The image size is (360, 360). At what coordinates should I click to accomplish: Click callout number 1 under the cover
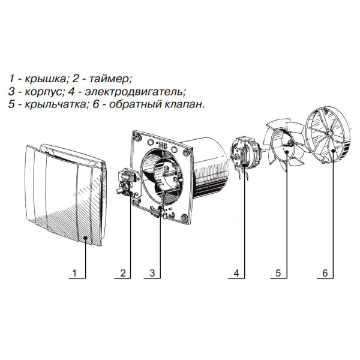(x=74, y=273)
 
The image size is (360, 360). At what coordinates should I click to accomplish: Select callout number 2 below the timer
(x=123, y=273)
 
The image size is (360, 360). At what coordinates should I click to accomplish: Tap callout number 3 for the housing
(x=152, y=273)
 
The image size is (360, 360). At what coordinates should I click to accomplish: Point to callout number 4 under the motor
(x=236, y=273)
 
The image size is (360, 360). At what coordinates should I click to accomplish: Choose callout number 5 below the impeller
(x=278, y=273)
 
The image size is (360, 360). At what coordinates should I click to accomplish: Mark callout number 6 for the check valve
(x=325, y=273)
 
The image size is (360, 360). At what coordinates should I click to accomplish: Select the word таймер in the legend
(x=109, y=79)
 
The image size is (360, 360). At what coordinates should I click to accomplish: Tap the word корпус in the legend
(x=43, y=92)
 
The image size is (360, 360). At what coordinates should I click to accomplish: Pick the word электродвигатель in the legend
(x=135, y=92)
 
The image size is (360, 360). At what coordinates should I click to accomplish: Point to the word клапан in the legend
(x=184, y=104)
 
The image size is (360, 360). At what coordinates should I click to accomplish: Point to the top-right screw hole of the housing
(x=187, y=152)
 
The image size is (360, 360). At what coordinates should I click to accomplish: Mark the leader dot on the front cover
(x=85, y=238)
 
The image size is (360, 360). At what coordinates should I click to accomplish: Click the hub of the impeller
(x=290, y=143)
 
